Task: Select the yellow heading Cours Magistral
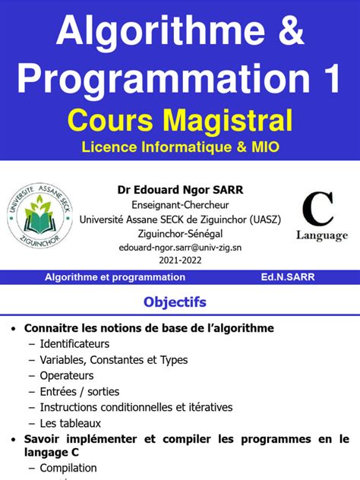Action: coord(179,120)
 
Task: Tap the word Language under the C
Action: coord(321,235)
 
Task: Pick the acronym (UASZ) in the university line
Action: coord(262,219)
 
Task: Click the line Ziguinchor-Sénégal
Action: coord(181,233)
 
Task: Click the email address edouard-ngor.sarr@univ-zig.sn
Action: coord(181,247)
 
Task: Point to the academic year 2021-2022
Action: coord(181,261)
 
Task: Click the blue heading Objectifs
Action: coord(175,302)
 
